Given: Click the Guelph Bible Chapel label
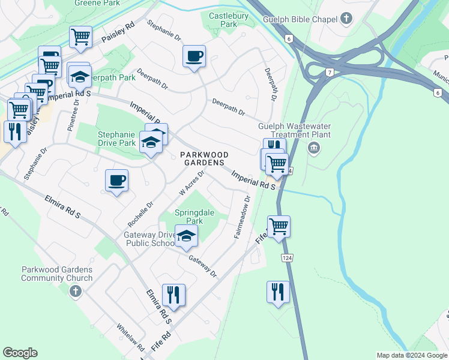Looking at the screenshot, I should click(x=300, y=20).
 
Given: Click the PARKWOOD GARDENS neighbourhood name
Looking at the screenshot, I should click(x=204, y=158).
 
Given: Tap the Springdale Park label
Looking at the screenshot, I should click(x=188, y=217).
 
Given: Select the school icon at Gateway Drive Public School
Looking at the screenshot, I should click(x=186, y=237).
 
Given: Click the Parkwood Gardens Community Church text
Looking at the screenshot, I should click(x=57, y=274).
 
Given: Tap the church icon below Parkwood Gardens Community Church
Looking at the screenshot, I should click(x=74, y=292).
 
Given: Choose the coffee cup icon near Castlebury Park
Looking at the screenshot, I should click(x=194, y=57).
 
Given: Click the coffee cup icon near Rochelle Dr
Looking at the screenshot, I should click(x=116, y=181).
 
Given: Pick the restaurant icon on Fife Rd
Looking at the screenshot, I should click(x=173, y=295).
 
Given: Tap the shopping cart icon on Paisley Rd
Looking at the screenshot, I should click(x=80, y=37).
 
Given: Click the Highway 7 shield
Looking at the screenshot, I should click(x=330, y=73).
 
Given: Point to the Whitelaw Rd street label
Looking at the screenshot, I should click(x=130, y=338).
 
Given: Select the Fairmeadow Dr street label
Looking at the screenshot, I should click(x=241, y=217).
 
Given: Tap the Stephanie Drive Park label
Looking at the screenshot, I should click(x=116, y=139).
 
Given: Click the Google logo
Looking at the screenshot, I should click(x=20, y=353).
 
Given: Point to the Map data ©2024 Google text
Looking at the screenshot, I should click(x=411, y=355).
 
